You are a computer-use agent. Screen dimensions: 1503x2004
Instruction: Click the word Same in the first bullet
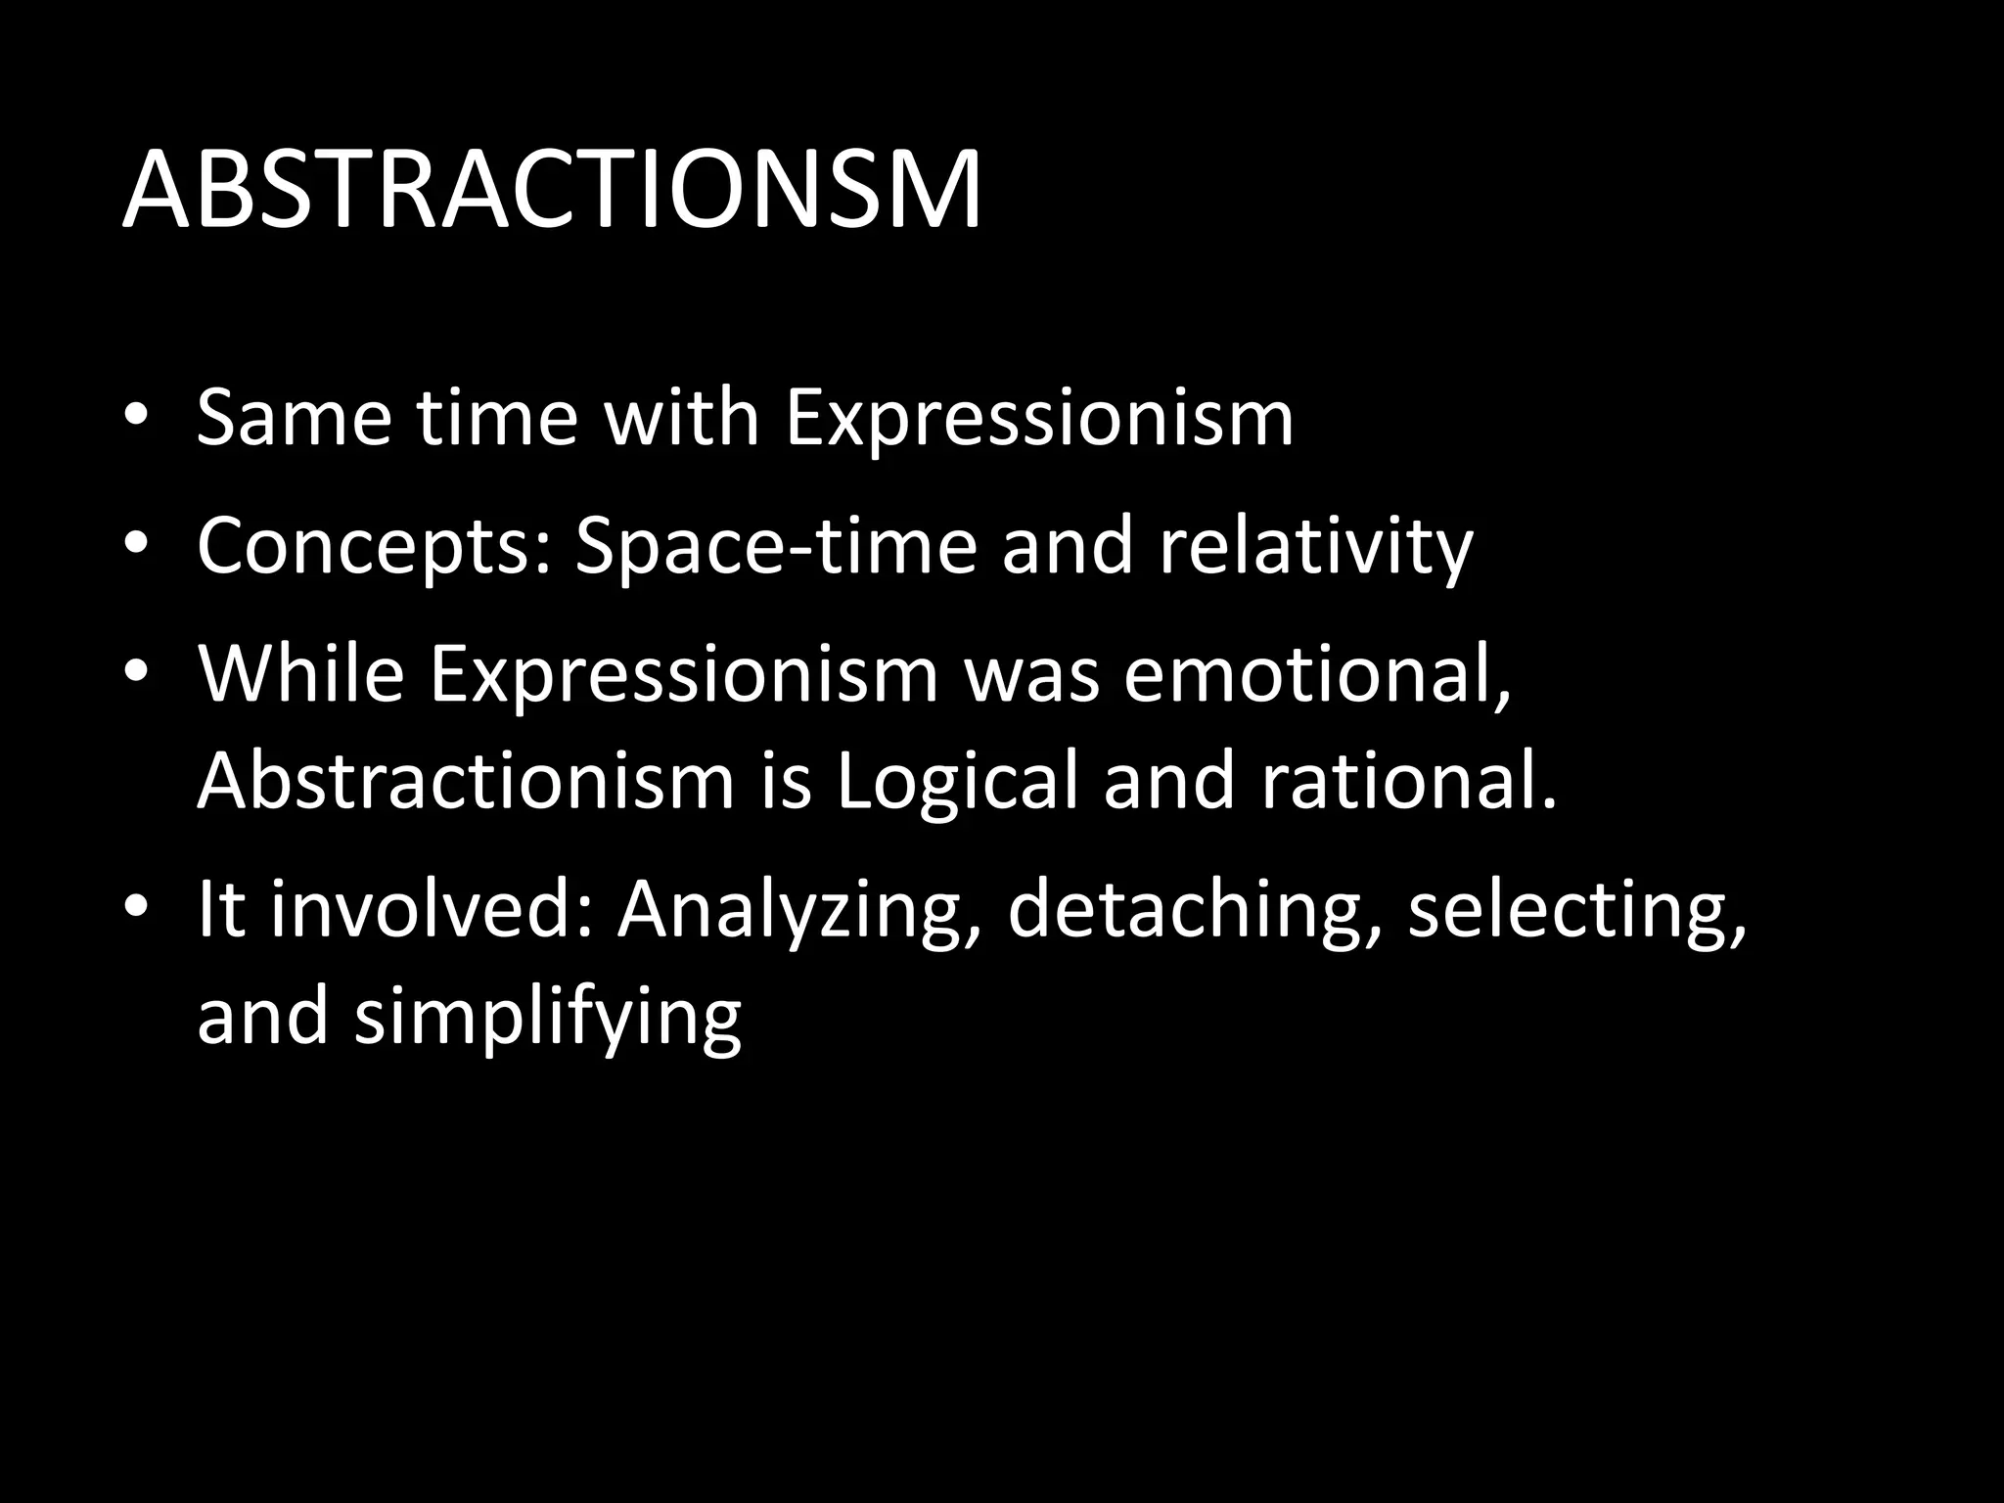(x=294, y=418)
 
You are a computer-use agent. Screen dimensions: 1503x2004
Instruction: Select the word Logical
(x=956, y=783)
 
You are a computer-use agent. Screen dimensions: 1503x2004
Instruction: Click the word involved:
(x=432, y=909)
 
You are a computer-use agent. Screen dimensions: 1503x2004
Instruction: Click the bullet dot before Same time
(x=136, y=415)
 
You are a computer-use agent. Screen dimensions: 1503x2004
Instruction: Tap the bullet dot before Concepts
(x=136, y=543)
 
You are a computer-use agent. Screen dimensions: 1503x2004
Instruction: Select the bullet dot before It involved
(x=136, y=905)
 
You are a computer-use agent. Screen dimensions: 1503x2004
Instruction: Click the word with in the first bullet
(x=681, y=418)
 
